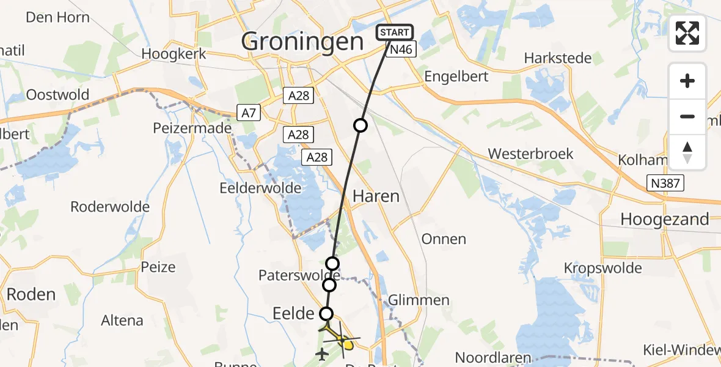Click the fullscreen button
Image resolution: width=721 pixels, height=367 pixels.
pos(687,33)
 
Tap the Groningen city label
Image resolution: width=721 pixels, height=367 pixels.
pos(302,42)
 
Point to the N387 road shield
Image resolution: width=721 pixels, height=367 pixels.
pos(665,182)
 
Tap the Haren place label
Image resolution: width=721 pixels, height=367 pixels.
pos(376,196)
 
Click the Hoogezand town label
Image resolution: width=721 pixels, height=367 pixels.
pos(665,219)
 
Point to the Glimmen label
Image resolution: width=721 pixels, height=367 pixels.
pos(420,300)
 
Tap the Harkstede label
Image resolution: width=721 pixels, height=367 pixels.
pos(558,58)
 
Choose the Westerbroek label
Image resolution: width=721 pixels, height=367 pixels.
pos(530,153)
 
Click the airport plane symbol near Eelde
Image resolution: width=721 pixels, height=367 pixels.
pos(322,354)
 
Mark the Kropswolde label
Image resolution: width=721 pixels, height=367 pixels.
pos(603,268)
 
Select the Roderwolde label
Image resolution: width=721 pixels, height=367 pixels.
pos(110,206)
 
